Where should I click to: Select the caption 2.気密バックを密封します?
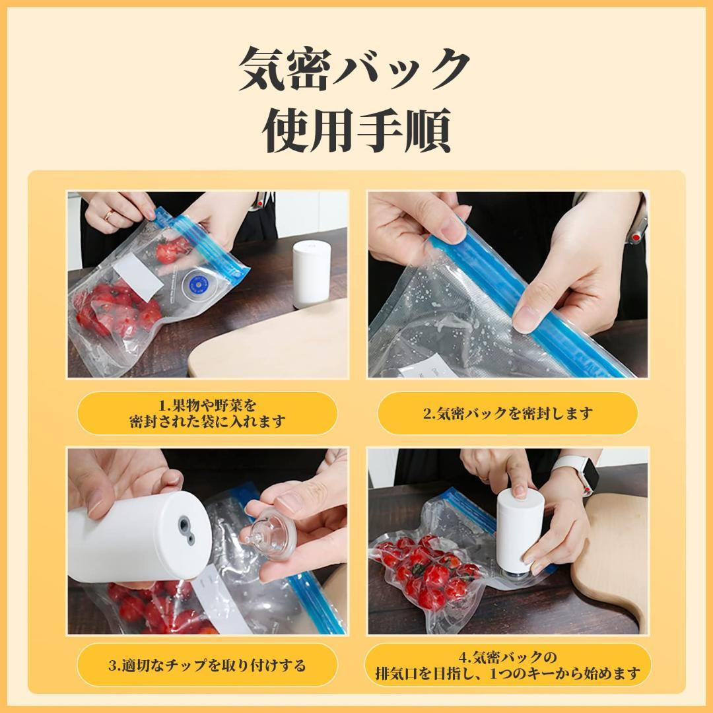click(x=508, y=414)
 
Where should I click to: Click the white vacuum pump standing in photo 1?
click(x=310, y=272)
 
